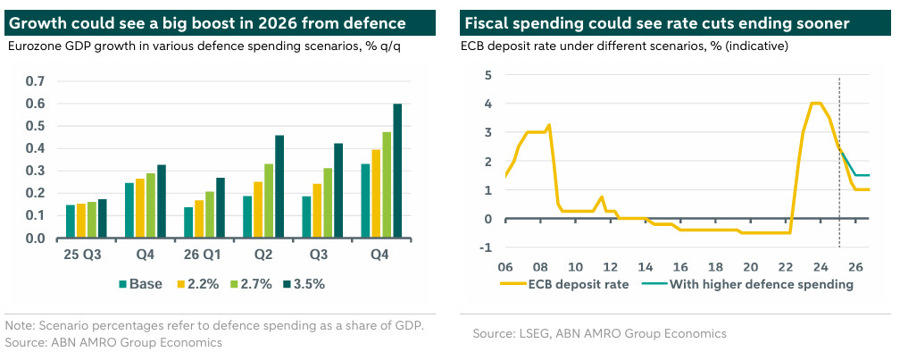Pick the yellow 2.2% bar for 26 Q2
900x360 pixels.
pos(233,210)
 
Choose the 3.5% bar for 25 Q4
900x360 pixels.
pos(162,202)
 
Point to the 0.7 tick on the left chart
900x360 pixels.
pos(35,81)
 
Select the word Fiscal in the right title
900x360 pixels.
pos(487,23)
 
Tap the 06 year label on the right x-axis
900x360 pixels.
pos(506,266)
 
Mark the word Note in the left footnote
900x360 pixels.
pos(20,325)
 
